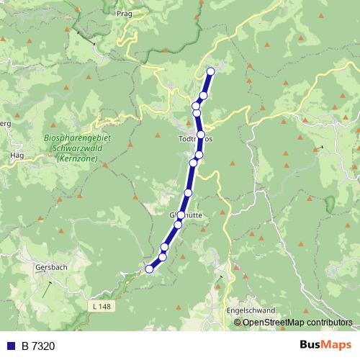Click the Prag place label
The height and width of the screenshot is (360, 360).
[x=124, y=13]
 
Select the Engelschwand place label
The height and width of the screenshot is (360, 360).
[x=251, y=310]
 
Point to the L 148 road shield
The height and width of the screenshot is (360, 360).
[x=102, y=307]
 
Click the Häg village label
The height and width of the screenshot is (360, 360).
[x=17, y=155]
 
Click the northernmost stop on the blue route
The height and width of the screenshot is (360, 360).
[x=211, y=71]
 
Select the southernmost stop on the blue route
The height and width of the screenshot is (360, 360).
[x=150, y=269]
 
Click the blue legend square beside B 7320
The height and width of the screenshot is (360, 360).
[x=10, y=346]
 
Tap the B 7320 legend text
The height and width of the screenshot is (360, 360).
[x=38, y=346]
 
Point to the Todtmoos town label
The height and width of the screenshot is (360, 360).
[x=195, y=138]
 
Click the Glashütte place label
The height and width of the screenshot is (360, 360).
[x=183, y=214]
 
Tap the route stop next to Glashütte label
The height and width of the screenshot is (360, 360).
[x=181, y=215]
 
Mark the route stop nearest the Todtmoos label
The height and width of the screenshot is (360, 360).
[x=200, y=135]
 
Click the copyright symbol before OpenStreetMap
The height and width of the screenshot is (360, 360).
[x=238, y=322]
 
